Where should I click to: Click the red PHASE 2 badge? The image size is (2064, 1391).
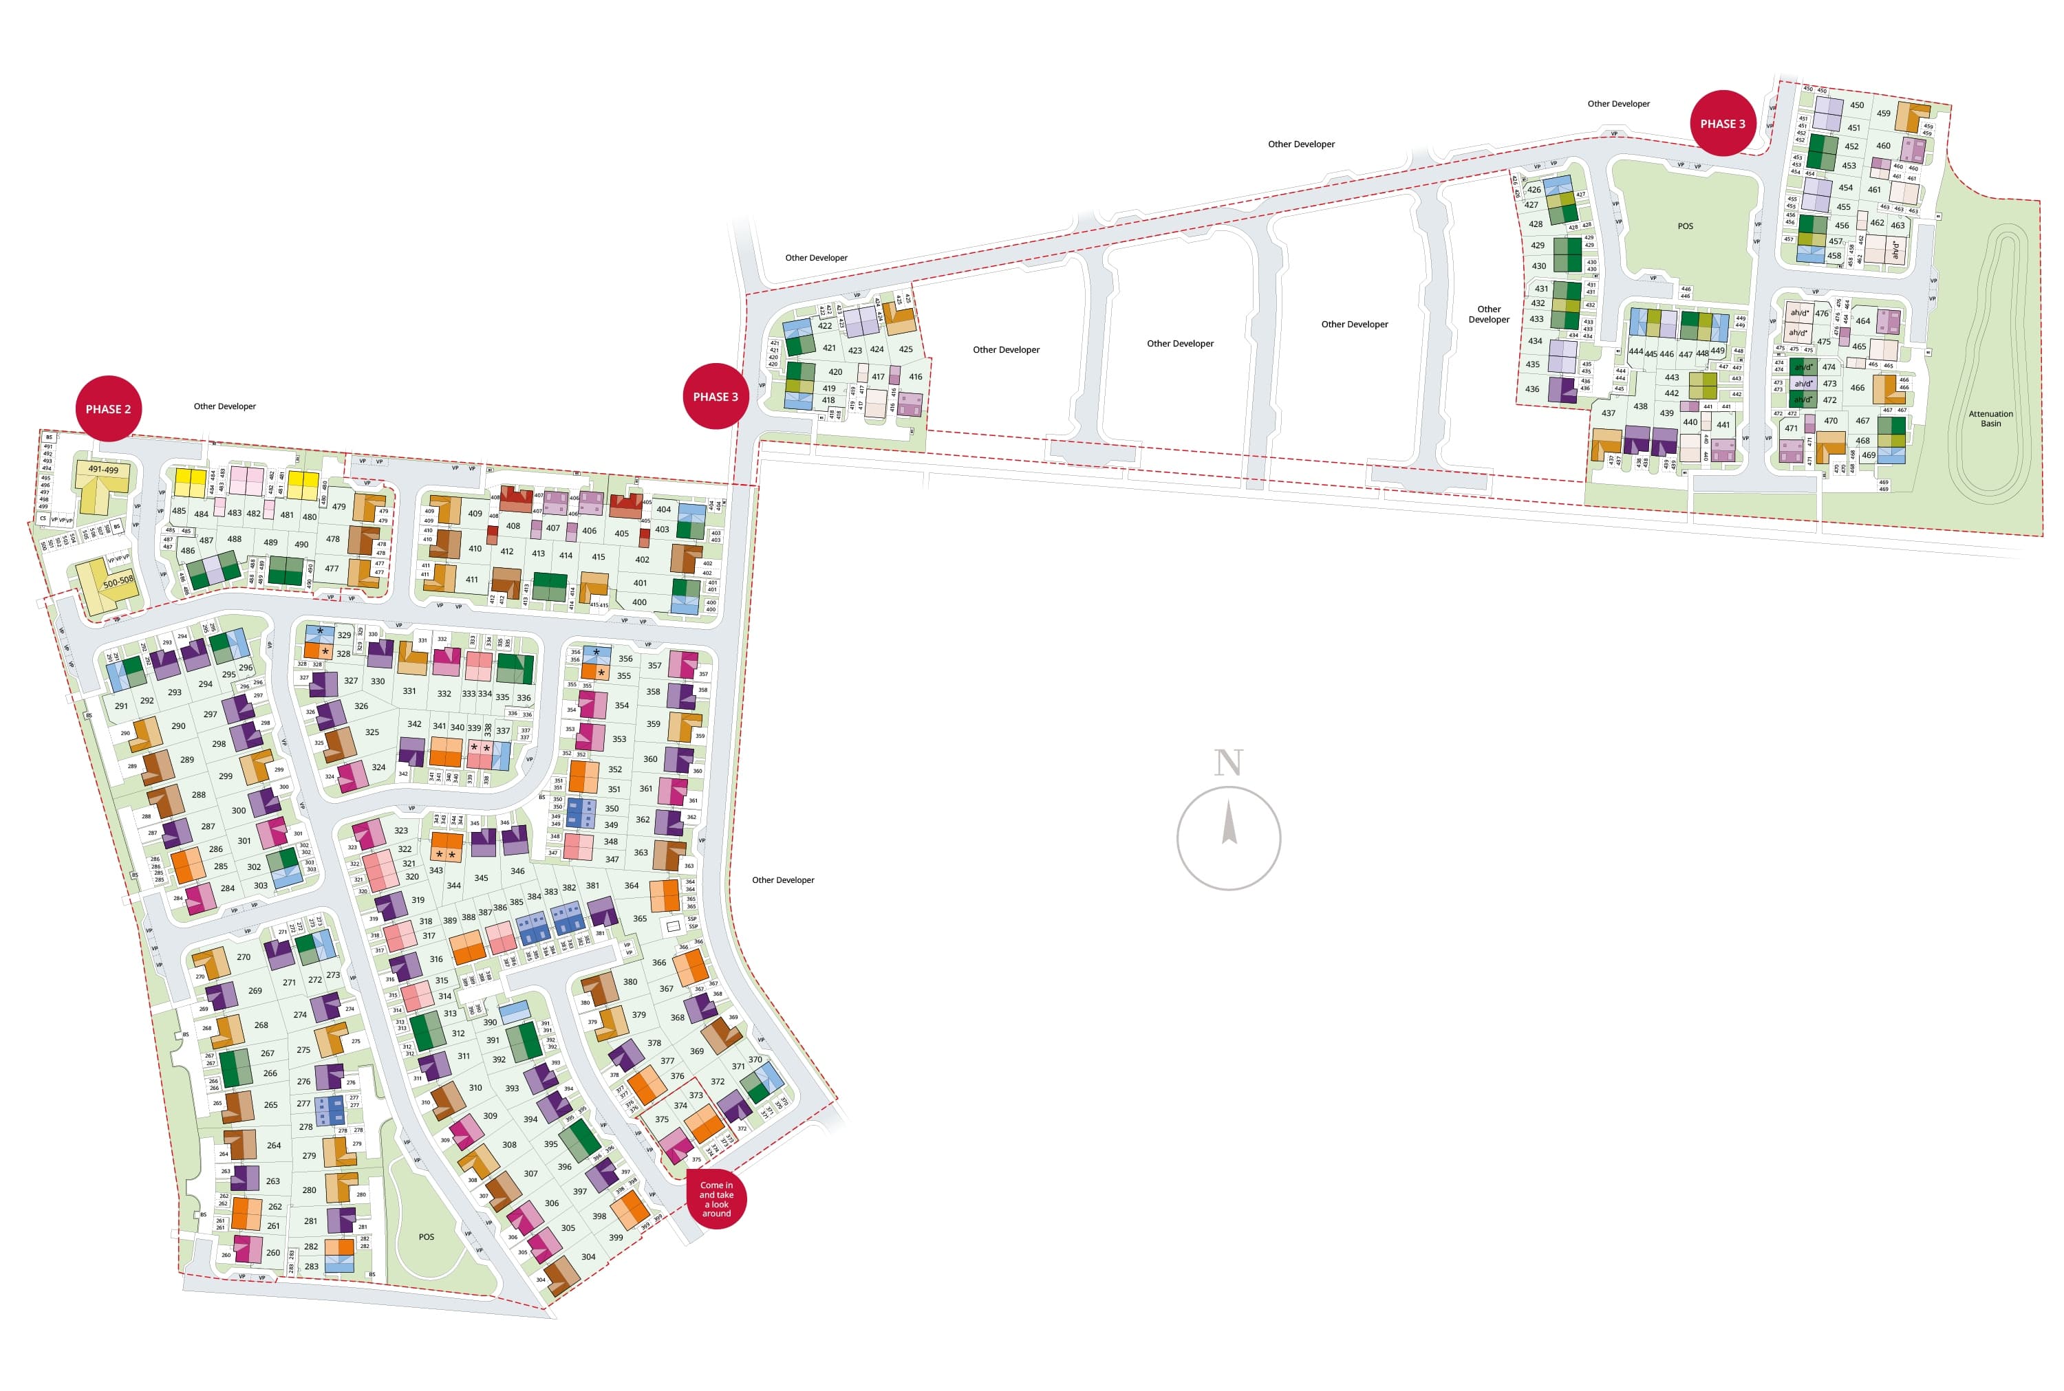108,409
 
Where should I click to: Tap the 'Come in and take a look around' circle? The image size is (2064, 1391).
716,1198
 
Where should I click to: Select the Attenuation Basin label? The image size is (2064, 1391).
1990,419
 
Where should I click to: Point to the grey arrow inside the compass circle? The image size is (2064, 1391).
1229,822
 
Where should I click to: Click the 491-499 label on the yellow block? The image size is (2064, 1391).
103,470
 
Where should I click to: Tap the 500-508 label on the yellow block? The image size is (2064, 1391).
118,582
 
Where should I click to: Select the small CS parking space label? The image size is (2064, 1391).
43,518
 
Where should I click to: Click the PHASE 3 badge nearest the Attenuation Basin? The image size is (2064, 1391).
1721,123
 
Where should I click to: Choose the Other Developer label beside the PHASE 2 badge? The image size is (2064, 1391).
224,406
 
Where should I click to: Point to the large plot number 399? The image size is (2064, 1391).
616,1238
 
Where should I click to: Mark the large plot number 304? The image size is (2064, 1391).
588,1256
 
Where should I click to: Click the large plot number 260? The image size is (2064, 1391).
273,1253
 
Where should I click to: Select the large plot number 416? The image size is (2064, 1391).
916,377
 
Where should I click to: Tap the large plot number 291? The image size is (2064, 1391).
122,706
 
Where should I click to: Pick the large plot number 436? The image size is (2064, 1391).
1531,388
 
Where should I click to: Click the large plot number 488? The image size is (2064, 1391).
234,538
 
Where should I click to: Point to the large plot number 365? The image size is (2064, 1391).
640,918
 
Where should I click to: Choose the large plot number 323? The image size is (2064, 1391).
401,831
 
